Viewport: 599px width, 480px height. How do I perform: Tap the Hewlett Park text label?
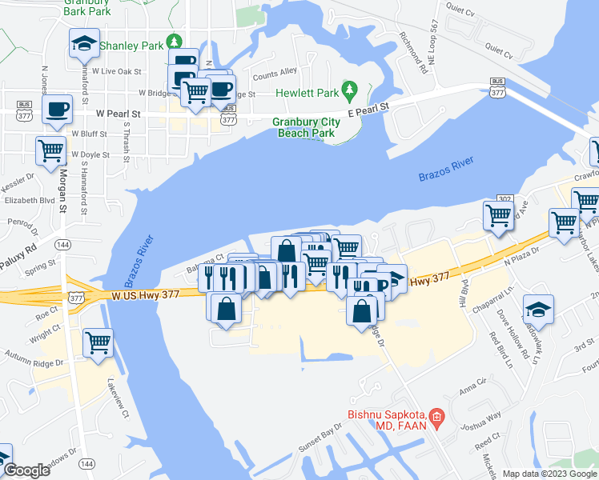(308, 93)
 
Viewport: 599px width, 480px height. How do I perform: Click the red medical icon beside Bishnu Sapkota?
(436, 415)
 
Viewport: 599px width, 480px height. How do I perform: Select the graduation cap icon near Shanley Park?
(83, 43)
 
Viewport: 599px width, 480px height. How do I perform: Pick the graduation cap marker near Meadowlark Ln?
(538, 310)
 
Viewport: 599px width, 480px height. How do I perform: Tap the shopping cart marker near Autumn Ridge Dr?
(98, 342)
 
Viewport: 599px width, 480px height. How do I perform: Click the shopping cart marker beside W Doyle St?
(50, 150)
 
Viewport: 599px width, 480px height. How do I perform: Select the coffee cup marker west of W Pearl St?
(55, 108)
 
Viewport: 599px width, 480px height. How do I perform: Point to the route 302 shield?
(505, 198)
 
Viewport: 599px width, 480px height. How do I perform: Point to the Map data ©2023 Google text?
(549, 473)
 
